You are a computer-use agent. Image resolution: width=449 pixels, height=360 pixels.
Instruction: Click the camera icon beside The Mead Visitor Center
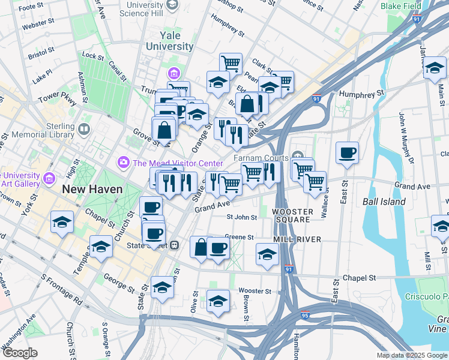click(x=124, y=162)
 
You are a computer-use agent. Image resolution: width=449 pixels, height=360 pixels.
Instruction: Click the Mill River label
click(x=298, y=239)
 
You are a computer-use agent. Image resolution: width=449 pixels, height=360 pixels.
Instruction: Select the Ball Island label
click(x=384, y=202)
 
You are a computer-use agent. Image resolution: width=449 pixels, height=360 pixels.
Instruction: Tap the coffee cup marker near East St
click(x=347, y=154)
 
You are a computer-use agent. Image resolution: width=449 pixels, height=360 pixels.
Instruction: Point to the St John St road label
click(x=241, y=217)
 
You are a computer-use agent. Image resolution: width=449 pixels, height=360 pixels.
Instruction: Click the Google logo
click(x=20, y=353)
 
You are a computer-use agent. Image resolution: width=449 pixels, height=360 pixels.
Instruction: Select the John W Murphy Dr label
click(x=406, y=137)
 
